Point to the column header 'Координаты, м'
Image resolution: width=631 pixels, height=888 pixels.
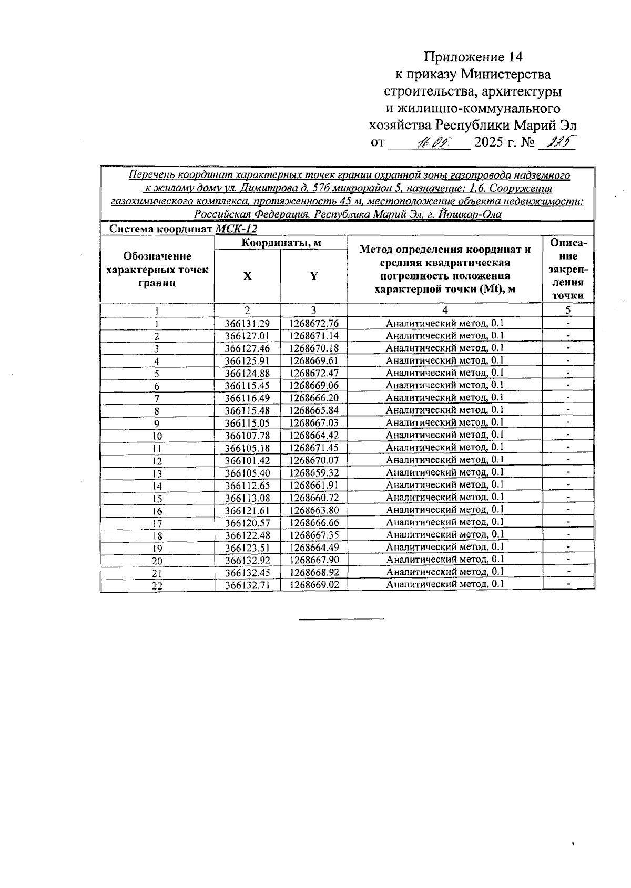pos(281,243)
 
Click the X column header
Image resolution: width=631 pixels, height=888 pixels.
pos(247,276)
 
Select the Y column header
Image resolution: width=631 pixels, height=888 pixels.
pos(313,276)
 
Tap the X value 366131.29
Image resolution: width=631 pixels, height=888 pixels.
pos(247,324)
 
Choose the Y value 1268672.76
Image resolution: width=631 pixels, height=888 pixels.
pos(314,324)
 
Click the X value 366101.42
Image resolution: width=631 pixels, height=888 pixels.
pos(247,461)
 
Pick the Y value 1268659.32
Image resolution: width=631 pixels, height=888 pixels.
pos(314,473)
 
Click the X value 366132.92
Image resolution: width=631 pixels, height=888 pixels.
pos(247,560)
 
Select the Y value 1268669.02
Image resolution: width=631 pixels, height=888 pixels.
pos(314,585)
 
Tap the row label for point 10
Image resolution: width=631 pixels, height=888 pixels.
pos(157,436)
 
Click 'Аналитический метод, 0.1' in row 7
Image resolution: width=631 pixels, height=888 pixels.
pos(444,398)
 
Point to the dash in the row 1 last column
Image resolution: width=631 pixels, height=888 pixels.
pos(568,324)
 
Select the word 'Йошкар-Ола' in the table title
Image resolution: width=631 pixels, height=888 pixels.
pos(470,214)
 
